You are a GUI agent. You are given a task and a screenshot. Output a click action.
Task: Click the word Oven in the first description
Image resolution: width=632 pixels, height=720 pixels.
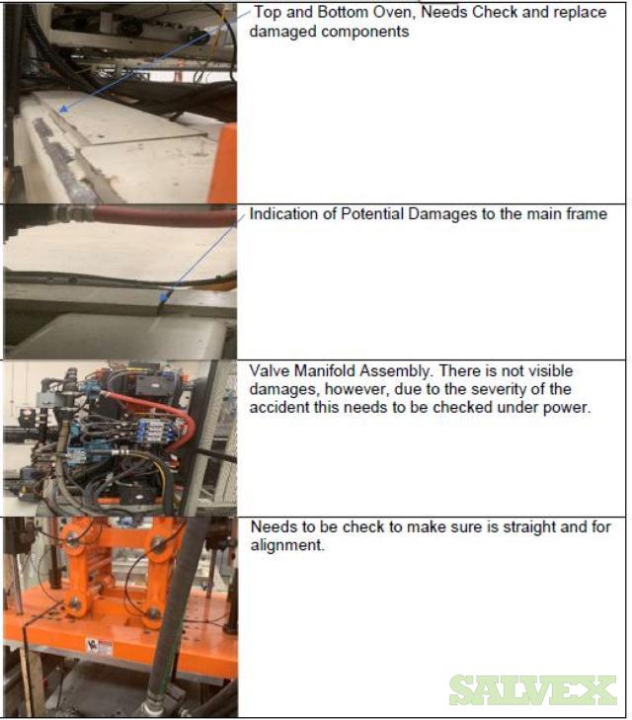pyautogui.click(x=391, y=12)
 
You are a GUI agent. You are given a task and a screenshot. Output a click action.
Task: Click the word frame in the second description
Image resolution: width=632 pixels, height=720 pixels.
pyautogui.click(x=587, y=214)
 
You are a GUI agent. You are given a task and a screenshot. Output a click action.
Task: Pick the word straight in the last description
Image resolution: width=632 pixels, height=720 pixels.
pyautogui.click(x=529, y=527)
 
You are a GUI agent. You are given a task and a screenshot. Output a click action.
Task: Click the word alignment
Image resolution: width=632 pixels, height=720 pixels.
pyautogui.click(x=286, y=545)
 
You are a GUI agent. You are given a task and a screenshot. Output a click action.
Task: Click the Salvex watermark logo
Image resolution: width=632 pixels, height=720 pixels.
pyautogui.click(x=533, y=689)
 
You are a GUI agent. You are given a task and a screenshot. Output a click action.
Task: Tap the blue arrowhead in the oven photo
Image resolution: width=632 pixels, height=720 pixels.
pyautogui.click(x=64, y=110)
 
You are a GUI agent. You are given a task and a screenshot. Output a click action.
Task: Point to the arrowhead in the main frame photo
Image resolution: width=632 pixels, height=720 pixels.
pyautogui.click(x=163, y=297)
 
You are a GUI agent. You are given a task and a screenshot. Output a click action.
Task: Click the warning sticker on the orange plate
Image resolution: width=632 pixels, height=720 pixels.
pyautogui.click(x=99, y=648)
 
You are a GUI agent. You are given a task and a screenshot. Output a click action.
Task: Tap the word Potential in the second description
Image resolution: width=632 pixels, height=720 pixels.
pyautogui.click(x=372, y=214)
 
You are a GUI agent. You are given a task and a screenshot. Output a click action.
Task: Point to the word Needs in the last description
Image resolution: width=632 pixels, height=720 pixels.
pyautogui.click(x=274, y=527)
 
